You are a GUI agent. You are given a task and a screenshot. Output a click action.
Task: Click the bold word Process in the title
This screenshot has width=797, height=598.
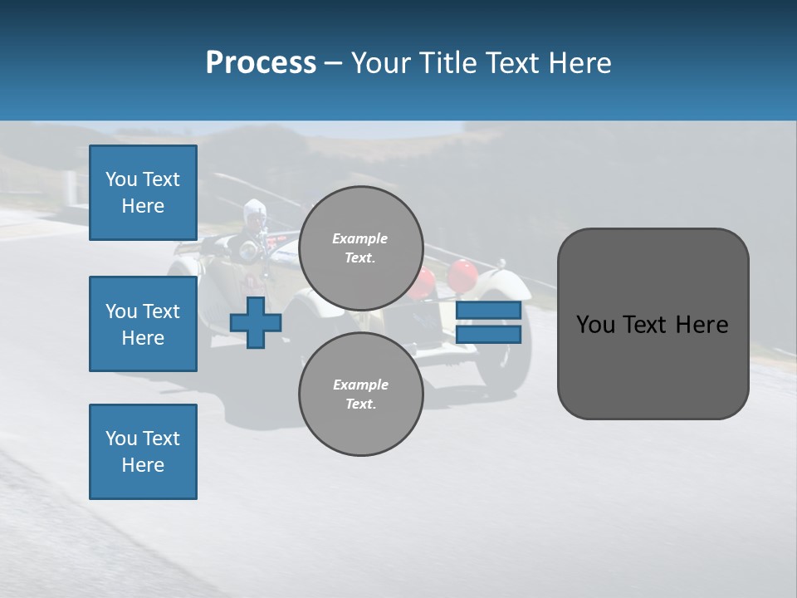pos(261,63)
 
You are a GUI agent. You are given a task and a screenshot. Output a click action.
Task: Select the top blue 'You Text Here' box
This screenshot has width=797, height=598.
pos(143,193)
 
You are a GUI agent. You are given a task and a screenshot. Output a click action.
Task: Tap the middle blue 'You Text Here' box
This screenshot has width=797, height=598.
pos(143,324)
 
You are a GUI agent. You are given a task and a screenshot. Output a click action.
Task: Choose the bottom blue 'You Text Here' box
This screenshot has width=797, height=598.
pos(143,452)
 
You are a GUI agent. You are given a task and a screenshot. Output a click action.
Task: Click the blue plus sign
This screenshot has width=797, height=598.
pos(256,323)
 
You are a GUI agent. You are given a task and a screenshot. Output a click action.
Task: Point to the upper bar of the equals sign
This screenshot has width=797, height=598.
pos(489,311)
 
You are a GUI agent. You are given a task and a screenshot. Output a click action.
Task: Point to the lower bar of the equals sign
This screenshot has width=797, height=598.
pos(489,335)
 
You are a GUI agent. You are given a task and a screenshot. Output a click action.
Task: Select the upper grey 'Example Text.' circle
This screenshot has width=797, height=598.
pos(360,248)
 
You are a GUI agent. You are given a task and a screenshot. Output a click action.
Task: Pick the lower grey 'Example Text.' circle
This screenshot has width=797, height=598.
pos(360,394)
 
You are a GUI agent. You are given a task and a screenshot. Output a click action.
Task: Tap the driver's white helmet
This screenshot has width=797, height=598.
pos(253,211)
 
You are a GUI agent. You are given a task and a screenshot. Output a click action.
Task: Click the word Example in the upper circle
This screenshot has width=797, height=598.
pos(360,238)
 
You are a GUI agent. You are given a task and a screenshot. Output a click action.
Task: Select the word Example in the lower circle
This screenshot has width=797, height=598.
pos(360,385)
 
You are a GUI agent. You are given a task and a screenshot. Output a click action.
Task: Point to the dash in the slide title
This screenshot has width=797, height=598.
pos(333,64)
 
